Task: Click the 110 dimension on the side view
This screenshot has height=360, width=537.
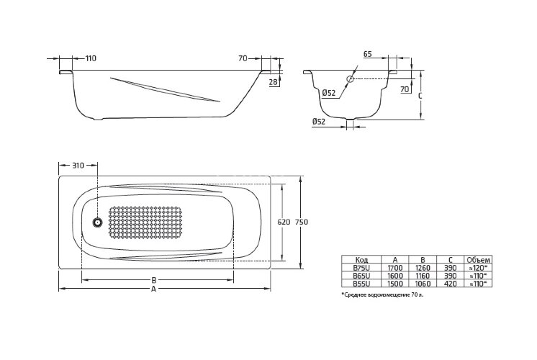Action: (90, 58)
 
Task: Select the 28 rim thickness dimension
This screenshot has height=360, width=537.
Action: (273, 84)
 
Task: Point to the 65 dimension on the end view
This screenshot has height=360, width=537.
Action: (368, 54)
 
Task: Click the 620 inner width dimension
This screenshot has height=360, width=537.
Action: (283, 222)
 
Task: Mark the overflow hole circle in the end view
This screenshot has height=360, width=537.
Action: (351, 78)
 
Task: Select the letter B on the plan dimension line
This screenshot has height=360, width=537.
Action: (154, 279)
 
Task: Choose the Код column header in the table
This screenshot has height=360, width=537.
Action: (362, 259)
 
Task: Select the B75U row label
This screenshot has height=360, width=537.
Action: (362, 267)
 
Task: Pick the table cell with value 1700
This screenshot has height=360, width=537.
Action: (394, 267)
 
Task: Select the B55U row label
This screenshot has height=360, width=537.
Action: (362, 283)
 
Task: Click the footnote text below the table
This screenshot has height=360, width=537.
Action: (383, 295)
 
